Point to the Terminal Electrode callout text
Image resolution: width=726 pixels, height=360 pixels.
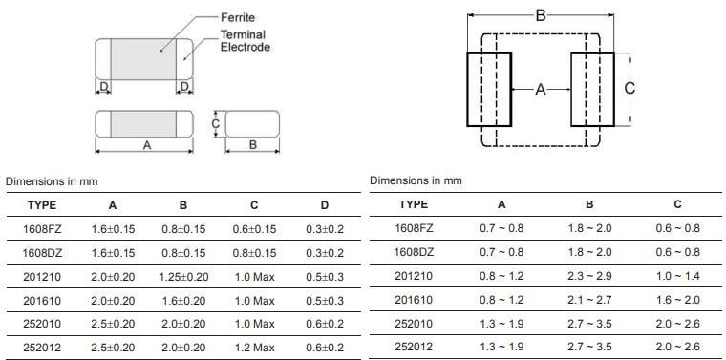[x=246, y=41]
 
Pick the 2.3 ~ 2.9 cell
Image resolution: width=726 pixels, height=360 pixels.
[x=589, y=275]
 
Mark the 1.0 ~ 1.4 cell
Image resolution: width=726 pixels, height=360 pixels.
[x=677, y=275]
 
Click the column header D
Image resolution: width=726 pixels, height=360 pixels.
[x=325, y=204]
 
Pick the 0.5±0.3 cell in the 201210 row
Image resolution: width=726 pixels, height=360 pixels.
[x=325, y=275]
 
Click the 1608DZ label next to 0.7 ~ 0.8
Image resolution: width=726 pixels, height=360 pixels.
[x=414, y=252]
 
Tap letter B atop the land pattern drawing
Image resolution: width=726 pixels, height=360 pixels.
[x=540, y=15]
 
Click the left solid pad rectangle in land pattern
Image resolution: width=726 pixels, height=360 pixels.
[x=489, y=89]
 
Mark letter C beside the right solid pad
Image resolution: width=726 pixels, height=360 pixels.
[x=630, y=88]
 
